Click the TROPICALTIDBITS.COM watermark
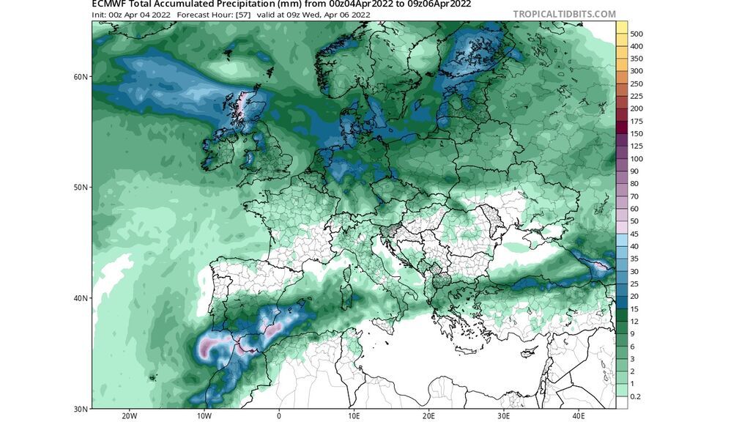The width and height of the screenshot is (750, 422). (x=564, y=14)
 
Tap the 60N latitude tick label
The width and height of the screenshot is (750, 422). (x=81, y=77)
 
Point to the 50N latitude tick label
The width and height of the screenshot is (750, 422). (x=81, y=188)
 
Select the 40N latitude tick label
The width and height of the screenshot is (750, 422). (x=81, y=298)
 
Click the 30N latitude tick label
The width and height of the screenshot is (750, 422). (x=81, y=408)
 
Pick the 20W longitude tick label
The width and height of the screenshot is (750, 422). (x=129, y=415)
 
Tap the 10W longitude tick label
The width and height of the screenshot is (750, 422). (x=204, y=415)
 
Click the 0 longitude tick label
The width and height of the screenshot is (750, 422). (x=279, y=415)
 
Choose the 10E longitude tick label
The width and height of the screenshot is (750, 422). (x=354, y=415)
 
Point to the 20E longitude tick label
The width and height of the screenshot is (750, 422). (x=428, y=415)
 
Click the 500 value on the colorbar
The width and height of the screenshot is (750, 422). (x=636, y=34)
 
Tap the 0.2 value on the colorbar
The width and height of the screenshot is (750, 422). (x=636, y=396)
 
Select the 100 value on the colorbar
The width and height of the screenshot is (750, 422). (x=636, y=158)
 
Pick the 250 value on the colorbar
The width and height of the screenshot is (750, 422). (x=636, y=84)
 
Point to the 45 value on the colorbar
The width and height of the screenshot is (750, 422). (x=634, y=234)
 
